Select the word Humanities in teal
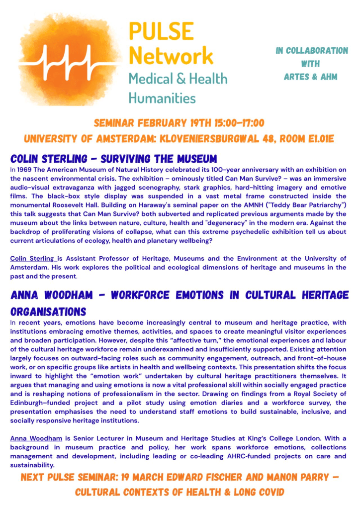pyautogui.click(x=162, y=98)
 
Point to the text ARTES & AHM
pyautogui.click(x=311, y=77)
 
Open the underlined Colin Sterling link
pyautogui.click(x=33, y=258)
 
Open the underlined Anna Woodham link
pyautogui.click(x=36, y=438)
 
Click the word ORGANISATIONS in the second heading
pyautogui.click(x=48, y=311)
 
